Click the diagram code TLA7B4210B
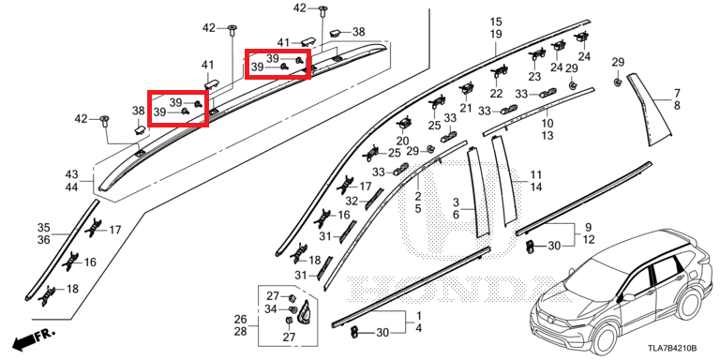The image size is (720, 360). pos(672,348)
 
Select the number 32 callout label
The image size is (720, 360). pos(352,202)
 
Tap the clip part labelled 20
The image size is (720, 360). pos(405,124)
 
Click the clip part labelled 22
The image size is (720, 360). pos(499,71)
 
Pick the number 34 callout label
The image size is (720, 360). pos(271,309)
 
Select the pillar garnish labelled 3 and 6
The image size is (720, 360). pos(477,192)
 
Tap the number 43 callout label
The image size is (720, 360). pos(71,174)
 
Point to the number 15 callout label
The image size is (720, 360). pos(496,22)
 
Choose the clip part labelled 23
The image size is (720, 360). pos(536,54)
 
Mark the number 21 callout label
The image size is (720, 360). pos(466,108)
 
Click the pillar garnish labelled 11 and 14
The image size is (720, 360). pos(504,180)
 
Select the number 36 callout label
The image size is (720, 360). pos(44,240)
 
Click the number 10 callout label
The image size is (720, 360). pos(547,123)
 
